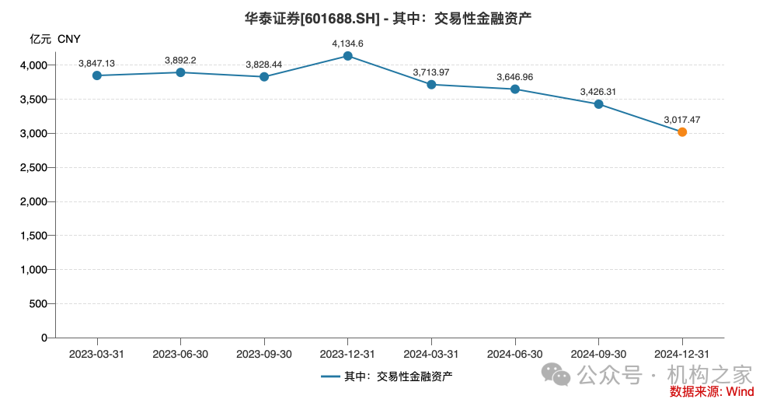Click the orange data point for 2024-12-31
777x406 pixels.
[x=682, y=132]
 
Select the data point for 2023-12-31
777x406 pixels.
[x=347, y=56]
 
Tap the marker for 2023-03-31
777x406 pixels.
[x=96, y=75]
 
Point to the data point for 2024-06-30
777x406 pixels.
[x=515, y=89]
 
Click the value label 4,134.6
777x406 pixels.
[x=347, y=44]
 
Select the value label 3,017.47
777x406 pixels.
[x=682, y=120]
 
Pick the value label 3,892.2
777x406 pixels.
[x=180, y=60]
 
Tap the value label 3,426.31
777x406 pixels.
[x=598, y=92]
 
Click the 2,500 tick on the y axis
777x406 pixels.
[x=33, y=167]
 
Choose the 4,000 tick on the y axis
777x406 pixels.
[x=33, y=65]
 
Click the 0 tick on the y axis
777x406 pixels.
[x=44, y=338]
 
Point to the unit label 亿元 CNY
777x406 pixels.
[x=55, y=39]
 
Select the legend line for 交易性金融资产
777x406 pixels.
[x=330, y=376]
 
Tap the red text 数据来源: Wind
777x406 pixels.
[x=712, y=392]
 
